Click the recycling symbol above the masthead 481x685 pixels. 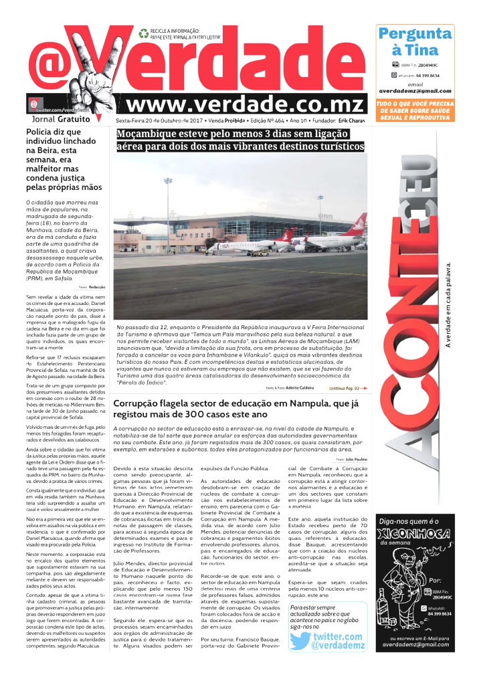143,32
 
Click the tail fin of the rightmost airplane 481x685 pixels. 361,221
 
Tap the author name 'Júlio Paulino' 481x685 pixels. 356,460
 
